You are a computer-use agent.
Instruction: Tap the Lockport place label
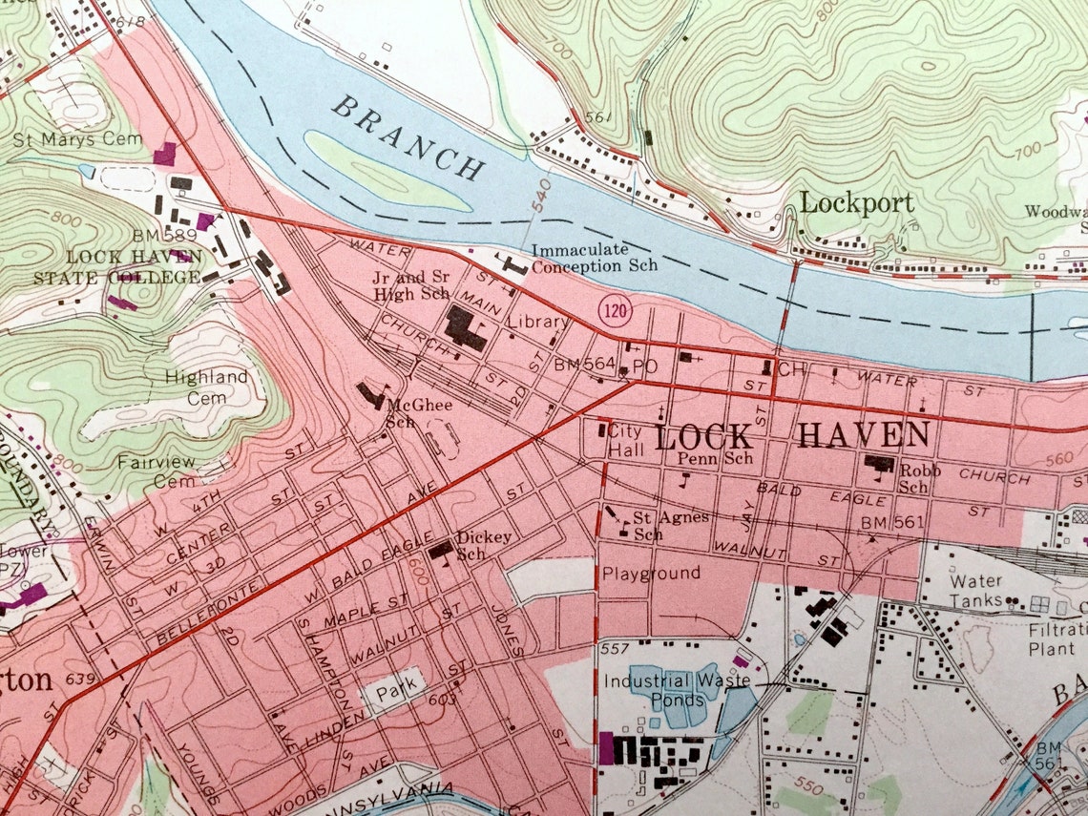click(856, 202)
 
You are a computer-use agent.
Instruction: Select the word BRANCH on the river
click(408, 138)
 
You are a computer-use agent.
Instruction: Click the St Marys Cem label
click(77, 139)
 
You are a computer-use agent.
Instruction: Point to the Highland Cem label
click(206, 387)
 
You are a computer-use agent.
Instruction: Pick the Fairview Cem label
click(156, 471)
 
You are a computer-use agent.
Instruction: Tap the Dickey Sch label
click(483, 545)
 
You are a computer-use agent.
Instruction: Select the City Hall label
click(625, 438)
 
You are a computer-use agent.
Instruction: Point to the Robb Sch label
click(920, 478)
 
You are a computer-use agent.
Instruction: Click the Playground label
click(650, 574)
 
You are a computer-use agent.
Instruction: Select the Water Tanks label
click(975, 591)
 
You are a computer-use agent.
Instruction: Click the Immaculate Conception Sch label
click(594, 258)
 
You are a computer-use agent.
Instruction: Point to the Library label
click(537, 323)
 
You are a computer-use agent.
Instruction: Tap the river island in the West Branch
click(382, 172)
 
